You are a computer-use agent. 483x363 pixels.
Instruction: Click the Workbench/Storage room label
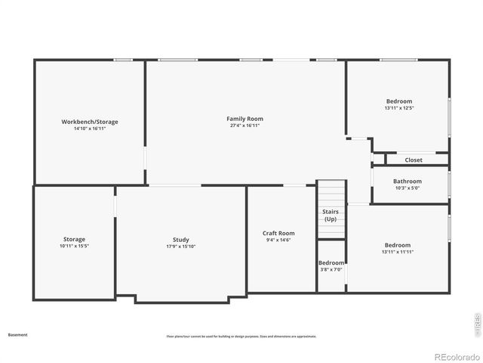coord(90,122)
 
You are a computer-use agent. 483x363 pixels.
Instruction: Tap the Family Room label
coord(245,119)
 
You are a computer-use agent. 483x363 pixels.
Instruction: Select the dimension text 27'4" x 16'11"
coord(245,126)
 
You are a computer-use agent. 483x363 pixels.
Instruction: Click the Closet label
coord(414,160)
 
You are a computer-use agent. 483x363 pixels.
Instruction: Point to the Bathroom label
coord(408,181)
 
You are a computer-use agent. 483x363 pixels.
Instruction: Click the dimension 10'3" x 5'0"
coord(408,188)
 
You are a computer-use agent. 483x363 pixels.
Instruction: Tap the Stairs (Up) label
coord(331,216)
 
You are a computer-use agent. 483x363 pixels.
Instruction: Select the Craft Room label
coord(278,233)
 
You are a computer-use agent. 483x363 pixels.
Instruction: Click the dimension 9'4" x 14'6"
coord(278,240)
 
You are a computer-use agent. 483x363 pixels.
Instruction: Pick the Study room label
coord(180,240)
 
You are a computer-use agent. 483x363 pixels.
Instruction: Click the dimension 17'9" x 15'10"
coord(180,247)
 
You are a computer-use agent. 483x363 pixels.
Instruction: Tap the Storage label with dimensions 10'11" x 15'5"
coord(74,239)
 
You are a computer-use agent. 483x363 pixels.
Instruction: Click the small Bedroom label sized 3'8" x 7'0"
coord(331,262)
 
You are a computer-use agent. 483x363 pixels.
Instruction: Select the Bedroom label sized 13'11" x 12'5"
coord(399,101)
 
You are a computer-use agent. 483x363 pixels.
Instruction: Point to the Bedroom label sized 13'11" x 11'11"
coord(398,245)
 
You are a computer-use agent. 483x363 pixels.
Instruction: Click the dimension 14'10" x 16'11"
coord(90,129)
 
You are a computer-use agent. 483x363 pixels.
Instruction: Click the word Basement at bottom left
coord(17,334)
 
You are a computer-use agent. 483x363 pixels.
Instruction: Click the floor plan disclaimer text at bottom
coord(241,337)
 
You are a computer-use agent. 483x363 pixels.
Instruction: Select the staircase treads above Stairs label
coord(331,192)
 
